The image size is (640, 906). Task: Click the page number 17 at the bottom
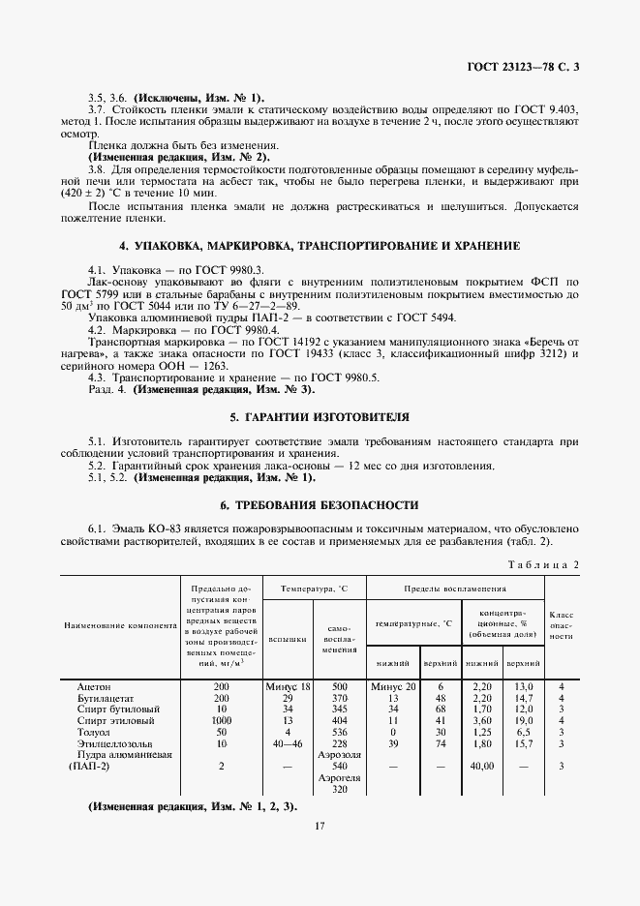[320, 826]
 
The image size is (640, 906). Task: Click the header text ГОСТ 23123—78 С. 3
[523, 67]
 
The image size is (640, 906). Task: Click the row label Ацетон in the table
[94, 685]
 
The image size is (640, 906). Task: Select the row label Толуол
[94, 732]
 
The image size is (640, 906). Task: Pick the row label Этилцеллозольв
[108, 743]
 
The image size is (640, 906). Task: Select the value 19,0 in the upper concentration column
[523, 720]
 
